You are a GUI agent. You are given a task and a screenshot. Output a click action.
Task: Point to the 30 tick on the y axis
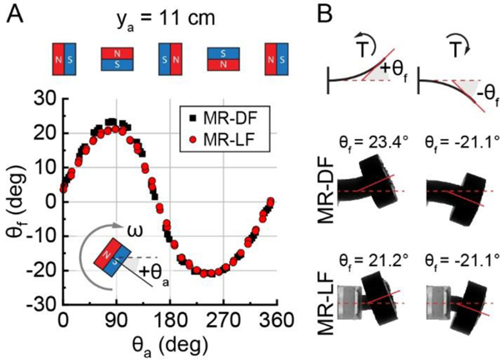click(43, 97)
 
